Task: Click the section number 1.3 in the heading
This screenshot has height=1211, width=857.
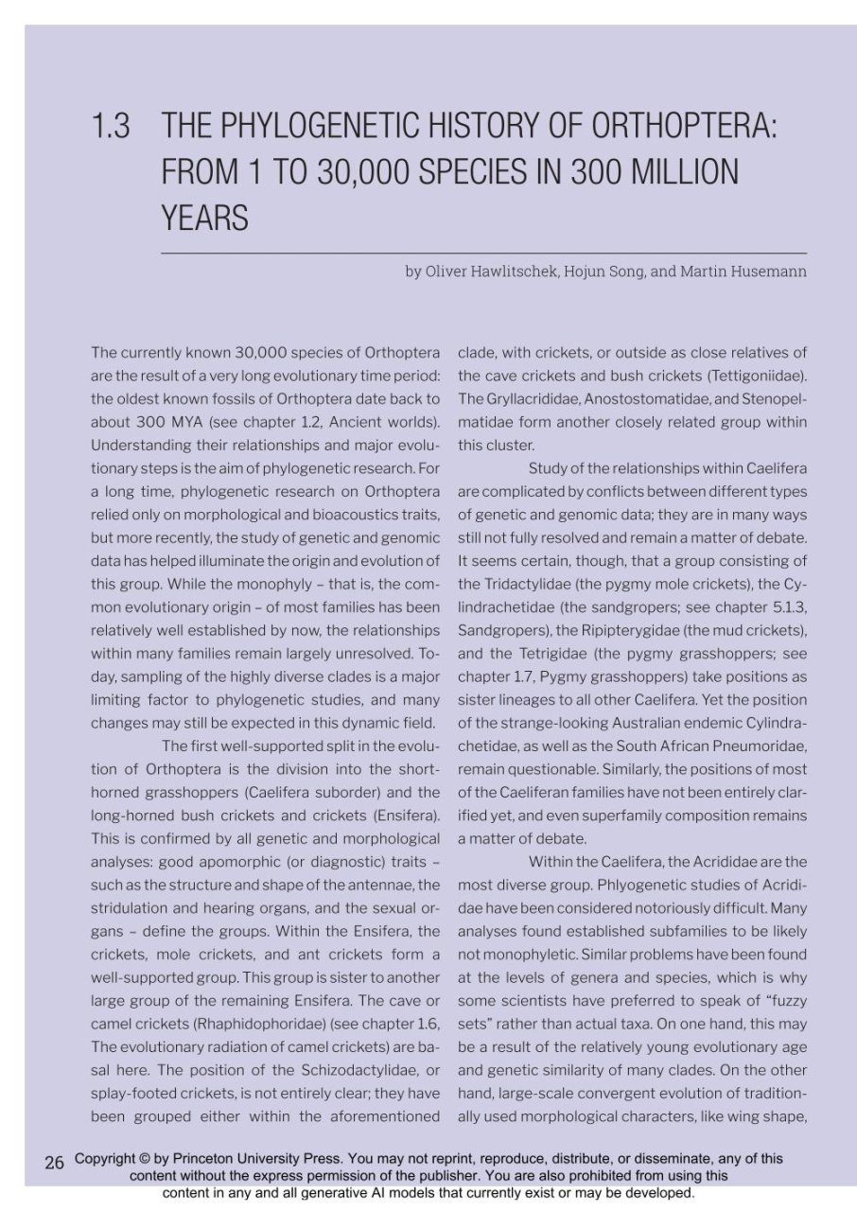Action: (111, 126)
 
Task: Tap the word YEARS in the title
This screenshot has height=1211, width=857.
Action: (205, 219)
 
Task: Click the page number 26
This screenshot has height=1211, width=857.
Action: (54, 1162)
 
